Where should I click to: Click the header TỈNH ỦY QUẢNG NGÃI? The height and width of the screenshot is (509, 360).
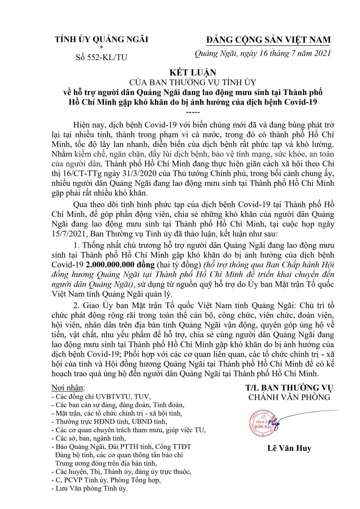[101, 40]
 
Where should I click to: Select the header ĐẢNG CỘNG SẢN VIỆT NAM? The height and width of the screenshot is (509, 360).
[268, 40]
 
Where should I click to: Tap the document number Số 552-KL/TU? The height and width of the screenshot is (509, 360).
[101, 56]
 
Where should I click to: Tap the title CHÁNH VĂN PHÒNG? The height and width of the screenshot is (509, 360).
[289, 397]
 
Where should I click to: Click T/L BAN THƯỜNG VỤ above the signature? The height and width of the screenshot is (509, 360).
[289, 388]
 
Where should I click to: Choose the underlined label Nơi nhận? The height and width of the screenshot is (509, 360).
[67, 388]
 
